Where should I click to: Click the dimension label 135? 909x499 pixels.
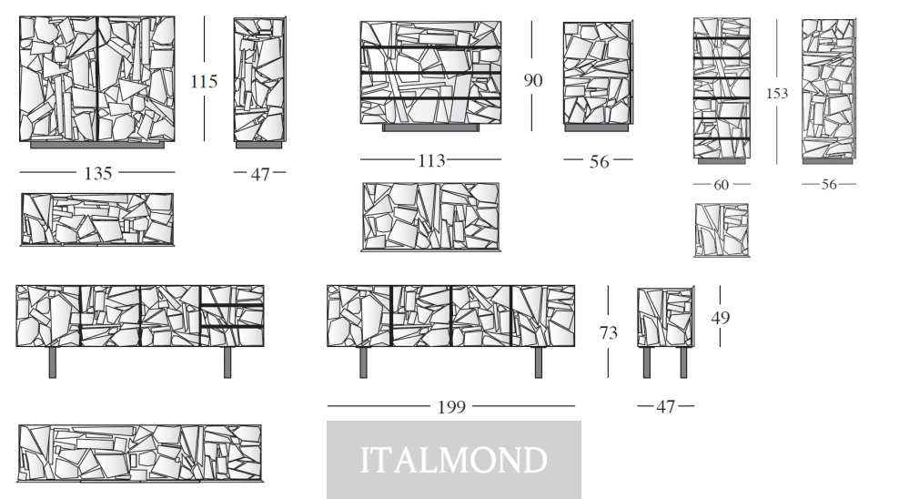(98, 173)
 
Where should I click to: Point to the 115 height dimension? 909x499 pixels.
(204, 81)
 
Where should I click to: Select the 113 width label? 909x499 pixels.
(431, 160)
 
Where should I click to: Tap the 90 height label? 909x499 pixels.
(533, 80)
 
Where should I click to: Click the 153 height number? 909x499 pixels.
(777, 94)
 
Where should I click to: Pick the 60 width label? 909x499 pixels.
(722, 185)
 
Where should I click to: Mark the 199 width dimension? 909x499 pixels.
(451, 407)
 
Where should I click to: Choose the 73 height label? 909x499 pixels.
(609, 332)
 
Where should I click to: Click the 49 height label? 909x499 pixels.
(720, 318)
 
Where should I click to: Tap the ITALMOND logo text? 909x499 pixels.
(454, 460)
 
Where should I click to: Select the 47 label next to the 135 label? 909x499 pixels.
(260, 174)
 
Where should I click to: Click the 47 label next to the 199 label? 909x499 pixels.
(665, 407)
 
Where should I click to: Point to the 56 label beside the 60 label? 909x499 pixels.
(829, 185)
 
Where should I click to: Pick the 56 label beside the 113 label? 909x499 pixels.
(600, 161)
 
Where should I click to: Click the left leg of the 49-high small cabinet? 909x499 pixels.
(647, 362)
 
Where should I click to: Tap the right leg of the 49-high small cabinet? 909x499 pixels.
(683, 362)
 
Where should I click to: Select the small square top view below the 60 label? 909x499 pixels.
(722, 229)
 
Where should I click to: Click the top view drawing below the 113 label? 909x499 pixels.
(430, 217)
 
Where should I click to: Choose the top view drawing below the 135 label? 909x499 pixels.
(96, 219)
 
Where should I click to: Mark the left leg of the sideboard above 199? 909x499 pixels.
(363, 362)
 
